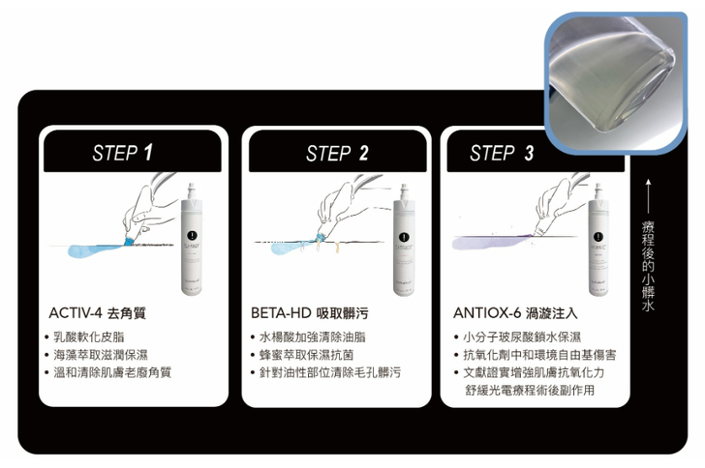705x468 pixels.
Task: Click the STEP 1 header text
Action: point(122,153)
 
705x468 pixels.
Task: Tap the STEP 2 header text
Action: point(337,153)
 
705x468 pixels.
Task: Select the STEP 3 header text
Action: point(502,153)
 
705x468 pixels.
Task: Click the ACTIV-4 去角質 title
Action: point(97,313)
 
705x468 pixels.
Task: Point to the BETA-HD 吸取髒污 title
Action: point(309,313)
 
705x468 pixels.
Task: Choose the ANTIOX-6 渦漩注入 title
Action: point(515,313)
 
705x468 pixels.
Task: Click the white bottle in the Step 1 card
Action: point(192,239)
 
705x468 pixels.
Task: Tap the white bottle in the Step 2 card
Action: point(404,240)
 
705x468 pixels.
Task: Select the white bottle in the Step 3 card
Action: point(598,240)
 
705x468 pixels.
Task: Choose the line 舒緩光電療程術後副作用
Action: point(530,390)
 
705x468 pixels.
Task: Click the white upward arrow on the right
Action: point(648,196)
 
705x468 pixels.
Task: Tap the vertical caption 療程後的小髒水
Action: point(648,266)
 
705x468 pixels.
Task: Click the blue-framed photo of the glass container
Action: point(616,82)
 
